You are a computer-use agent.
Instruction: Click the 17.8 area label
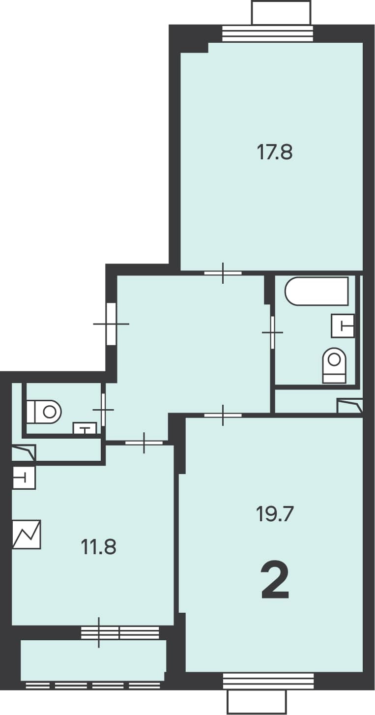(x=274, y=152)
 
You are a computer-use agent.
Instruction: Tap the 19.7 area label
(x=274, y=513)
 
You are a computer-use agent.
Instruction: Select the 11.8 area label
(x=99, y=547)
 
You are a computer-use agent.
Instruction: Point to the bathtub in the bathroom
(x=317, y=291)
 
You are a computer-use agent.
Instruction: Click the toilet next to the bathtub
(x=334, y=365)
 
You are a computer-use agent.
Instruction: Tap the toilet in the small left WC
(x=44, y=412)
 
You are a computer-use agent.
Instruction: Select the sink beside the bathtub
(x=343, y=326)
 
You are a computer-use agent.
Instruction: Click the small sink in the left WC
(x=85, y=428)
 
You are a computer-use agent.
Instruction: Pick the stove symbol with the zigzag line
(x=27, y=535)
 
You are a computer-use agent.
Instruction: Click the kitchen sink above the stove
(x=24, y=478)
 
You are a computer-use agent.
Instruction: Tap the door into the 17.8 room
(x=223, y=273)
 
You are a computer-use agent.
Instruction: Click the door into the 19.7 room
(x=223, y=415)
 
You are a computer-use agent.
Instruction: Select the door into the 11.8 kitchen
(x=144, y=443)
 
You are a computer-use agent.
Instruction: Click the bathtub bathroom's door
(x=273, y=332)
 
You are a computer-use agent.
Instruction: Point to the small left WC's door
(x=103, y=410)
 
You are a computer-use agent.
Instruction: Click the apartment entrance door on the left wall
(x=111, y=324)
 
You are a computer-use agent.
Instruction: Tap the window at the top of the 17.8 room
(x=268, y=33)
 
